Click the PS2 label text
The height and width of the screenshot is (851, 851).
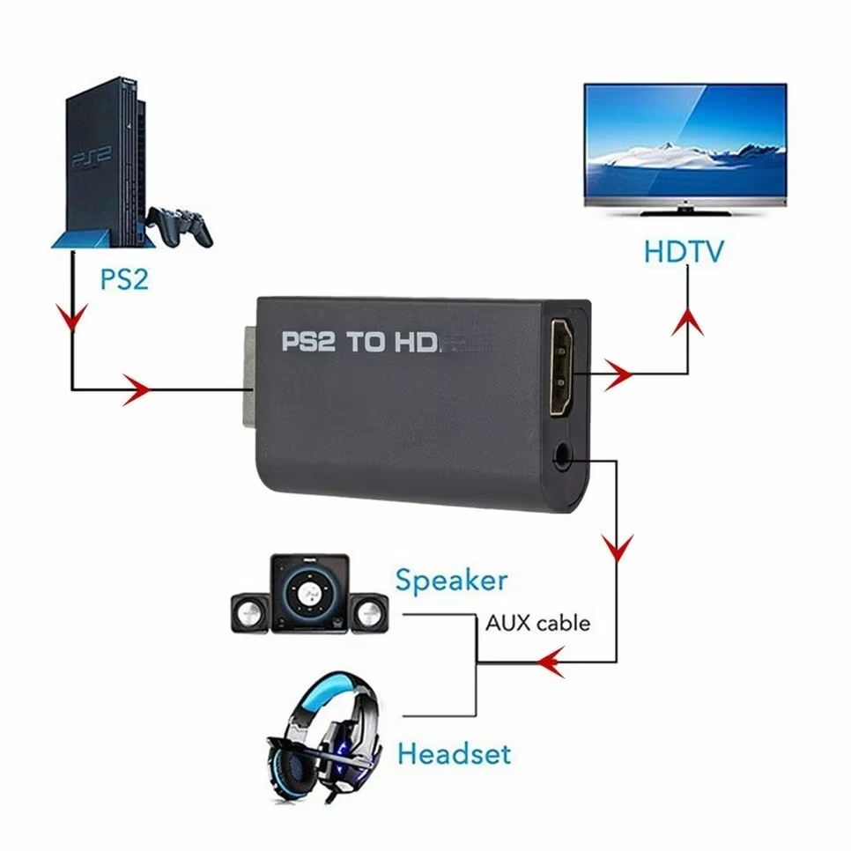[122, 280]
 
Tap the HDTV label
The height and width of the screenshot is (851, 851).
[683, 251]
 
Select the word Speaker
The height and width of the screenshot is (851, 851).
[451, 581]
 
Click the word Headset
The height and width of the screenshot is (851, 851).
[454, 754]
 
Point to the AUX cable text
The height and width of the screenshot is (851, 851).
[537, 624]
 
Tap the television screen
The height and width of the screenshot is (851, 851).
[684, 140]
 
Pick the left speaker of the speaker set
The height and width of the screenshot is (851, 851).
[250, 609]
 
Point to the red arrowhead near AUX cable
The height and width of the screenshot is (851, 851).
[551, 661]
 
